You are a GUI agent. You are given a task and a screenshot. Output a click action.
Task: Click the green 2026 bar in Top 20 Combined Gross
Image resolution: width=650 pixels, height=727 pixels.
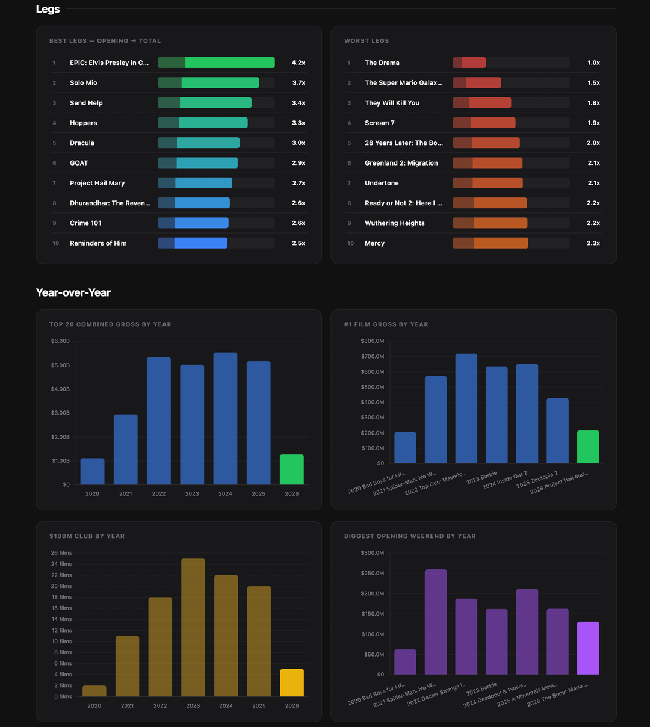[292, 469]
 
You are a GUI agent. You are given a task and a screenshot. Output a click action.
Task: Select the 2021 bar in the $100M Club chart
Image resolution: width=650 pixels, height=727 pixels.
[127, 666]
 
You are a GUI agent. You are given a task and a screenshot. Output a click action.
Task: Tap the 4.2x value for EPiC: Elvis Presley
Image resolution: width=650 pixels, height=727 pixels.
[299, 63]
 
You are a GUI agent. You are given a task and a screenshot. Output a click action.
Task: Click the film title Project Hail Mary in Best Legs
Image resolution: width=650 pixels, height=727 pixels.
[97, 183]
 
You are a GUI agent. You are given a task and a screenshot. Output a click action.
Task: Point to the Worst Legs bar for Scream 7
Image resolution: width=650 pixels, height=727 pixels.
[484, 123]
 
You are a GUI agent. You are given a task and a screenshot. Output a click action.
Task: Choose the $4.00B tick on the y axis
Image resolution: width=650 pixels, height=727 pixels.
[60, 389]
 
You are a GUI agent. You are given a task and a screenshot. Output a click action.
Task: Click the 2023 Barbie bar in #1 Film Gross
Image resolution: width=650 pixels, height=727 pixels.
[497, 415]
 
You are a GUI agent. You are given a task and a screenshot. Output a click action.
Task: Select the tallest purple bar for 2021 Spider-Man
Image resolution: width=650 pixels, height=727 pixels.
[436, 622]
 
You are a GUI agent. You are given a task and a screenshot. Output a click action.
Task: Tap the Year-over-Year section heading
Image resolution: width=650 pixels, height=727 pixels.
[73, 292]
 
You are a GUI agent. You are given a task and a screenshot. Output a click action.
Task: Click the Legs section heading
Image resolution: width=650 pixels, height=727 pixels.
[48, 9]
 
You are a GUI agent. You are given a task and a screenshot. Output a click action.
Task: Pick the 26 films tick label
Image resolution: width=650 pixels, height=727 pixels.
[61, 553]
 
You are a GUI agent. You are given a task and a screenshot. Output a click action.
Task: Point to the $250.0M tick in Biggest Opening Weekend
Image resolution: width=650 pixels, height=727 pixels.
[372, 574]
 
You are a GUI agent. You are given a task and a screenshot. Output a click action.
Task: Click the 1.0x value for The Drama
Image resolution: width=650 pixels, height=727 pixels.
[593, 63]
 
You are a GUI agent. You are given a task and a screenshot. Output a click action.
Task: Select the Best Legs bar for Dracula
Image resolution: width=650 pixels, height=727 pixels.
[199, 143]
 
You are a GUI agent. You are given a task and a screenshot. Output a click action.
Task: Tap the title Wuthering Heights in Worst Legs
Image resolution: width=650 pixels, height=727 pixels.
[394, 223]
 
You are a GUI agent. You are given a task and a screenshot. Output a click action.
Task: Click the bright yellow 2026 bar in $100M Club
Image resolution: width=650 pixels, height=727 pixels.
[292, 682]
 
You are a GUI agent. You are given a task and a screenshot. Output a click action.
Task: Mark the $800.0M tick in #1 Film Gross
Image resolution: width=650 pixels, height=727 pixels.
[372, 341]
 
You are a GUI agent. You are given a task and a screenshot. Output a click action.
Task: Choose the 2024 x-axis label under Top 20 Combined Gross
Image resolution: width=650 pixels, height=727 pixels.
[225, 493]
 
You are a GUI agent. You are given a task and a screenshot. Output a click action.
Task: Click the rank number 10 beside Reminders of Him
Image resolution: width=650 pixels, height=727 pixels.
[55, 243]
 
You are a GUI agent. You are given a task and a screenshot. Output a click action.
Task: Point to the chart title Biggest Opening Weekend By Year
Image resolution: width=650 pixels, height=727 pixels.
[410, 536]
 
